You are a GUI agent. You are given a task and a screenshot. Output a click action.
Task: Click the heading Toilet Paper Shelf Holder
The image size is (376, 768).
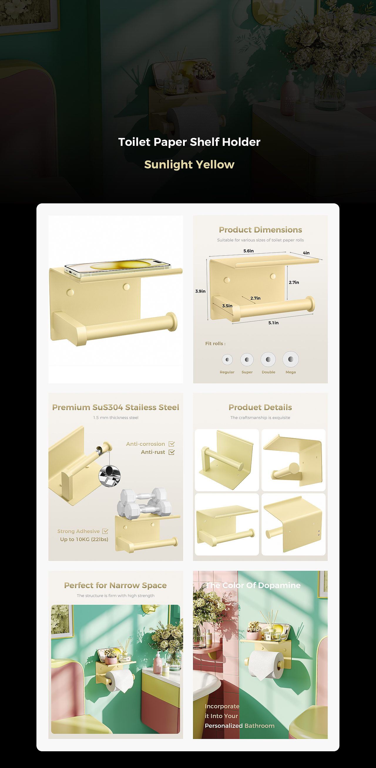[x=189, y=142]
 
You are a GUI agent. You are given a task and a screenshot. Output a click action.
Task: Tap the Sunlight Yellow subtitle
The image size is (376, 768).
[x=189, y=165]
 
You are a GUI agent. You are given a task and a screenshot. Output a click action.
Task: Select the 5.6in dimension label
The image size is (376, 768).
[x=249, y=251]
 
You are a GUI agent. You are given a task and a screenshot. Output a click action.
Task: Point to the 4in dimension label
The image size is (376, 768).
[x=306, y=253]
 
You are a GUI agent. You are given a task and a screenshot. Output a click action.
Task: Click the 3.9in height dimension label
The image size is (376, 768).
[x=200, y=291]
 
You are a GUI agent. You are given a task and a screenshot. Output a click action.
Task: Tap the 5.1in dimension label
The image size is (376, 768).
[x=273, y=323]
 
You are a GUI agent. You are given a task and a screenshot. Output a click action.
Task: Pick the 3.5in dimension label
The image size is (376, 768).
[x=227, y=306]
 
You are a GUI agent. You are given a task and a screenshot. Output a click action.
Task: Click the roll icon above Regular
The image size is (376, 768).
[x=227, y=359]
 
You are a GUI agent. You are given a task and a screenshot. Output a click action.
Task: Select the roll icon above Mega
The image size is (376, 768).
[x=291, y=359]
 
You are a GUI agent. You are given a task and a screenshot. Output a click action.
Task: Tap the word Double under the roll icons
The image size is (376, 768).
[x=268, y=372]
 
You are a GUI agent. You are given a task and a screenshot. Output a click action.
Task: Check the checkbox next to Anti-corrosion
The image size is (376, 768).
[x=172, y=444]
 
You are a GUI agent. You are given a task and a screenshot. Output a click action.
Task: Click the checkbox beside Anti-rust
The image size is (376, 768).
[x=172, y=452]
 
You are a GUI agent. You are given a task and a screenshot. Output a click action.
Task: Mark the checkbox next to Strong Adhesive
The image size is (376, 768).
[x=105, y=531]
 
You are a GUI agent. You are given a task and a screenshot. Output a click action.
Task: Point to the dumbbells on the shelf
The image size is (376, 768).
[x=145, y=503]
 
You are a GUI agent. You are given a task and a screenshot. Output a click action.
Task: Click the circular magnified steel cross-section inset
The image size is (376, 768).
[x=110, y=476]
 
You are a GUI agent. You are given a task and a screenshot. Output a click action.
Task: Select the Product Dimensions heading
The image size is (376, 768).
[x=261, y=230]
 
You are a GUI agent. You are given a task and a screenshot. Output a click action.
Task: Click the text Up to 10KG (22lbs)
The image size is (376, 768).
[x=84, y=539]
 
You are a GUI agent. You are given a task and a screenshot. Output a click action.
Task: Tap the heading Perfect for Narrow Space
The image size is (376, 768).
[x=115, y=585]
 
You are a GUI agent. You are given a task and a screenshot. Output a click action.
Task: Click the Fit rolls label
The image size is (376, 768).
[x=215, y=343]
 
